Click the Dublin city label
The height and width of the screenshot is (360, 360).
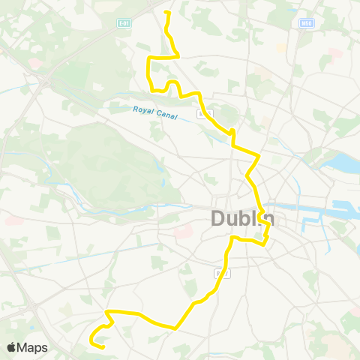click(x=241, y=219)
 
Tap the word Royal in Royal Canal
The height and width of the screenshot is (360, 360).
click(x=142, y=111)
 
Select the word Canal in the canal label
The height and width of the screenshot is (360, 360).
click(x=166, y=117)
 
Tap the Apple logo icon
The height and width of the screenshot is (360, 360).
click(x=11, y=347)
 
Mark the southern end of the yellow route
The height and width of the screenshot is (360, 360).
click(x=101, y=347)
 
